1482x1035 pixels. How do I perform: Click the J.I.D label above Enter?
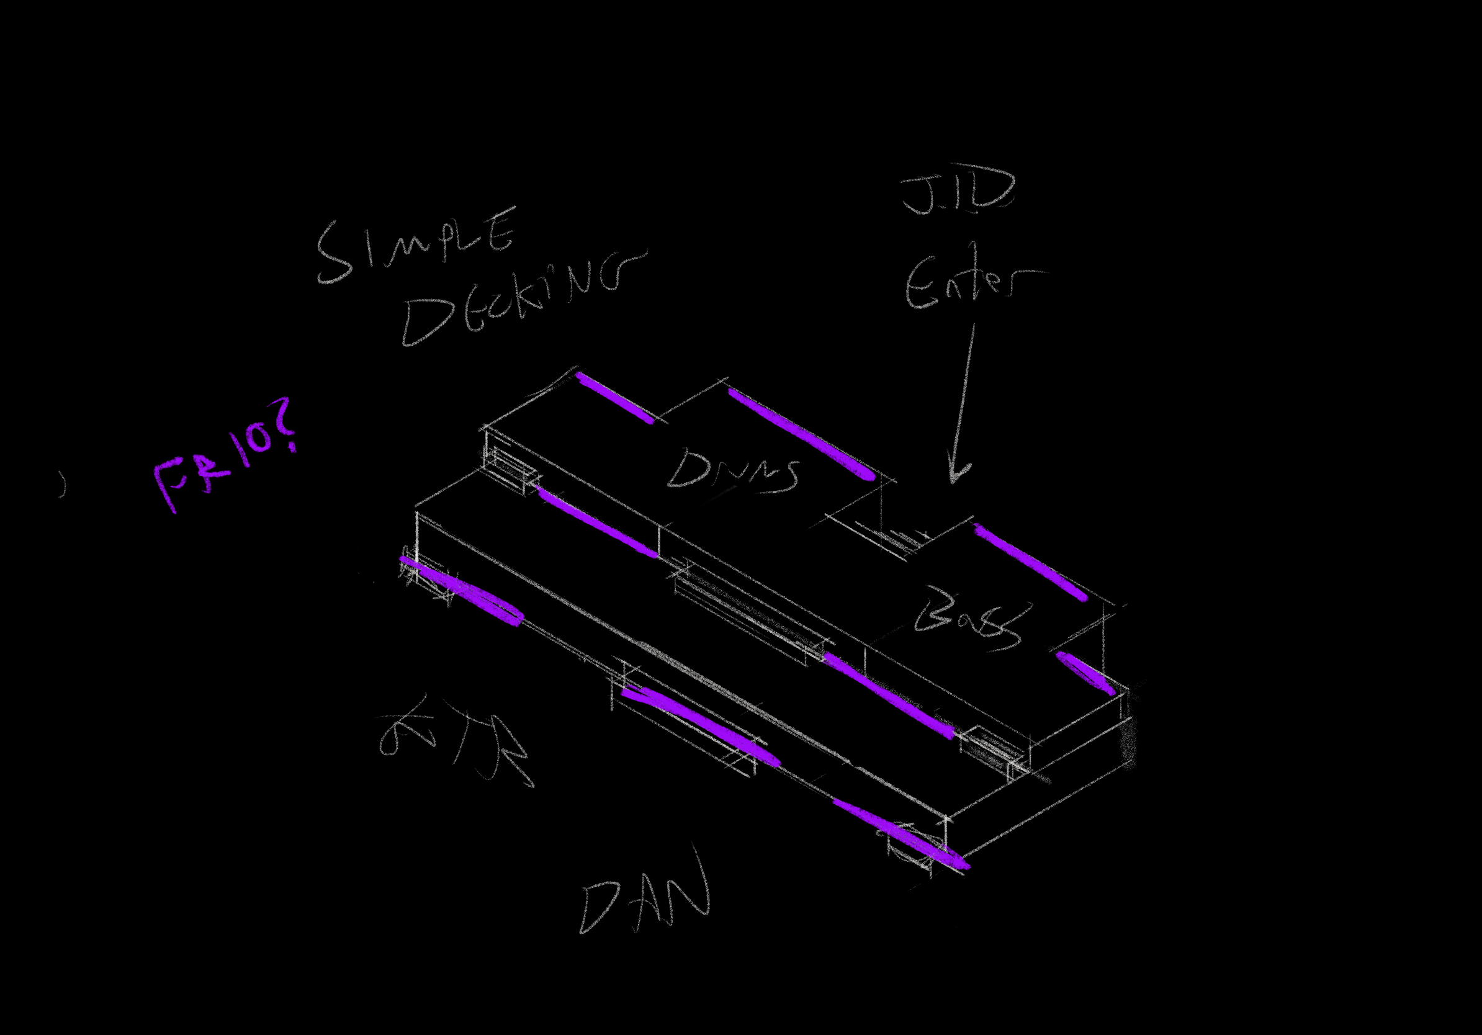pyautogui.click(x=959, y=191)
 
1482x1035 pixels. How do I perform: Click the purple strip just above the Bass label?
pyautogui.click(x=1030, y=562)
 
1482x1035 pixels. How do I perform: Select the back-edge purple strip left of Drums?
pyautogui.click(x=613, y=397)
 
